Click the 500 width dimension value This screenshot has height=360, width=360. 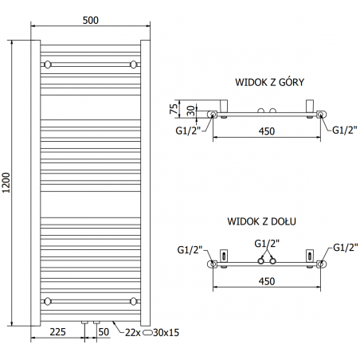pyautogui.click(x=91, y=20)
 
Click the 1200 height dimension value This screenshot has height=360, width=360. pyautogui.click(x=6, y=182)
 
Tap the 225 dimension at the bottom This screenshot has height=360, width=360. pyautogui.click(x=57, y=332)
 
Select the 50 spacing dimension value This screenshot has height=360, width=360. pyautogui.click(x=104, y=332)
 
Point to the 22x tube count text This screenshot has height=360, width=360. pyautogui.click(x=133, y=332)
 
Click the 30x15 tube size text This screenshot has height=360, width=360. pyautogui.click(x=166, y=332)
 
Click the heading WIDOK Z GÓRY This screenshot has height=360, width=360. pyautogui.click(x=269, y=82)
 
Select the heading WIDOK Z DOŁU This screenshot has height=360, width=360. pyautogui.click(x=261, y=221)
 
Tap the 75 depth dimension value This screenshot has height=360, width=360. pyautogui.click(x=174, y=108)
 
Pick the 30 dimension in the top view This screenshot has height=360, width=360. pyautogui.click(x=190, y=111)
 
